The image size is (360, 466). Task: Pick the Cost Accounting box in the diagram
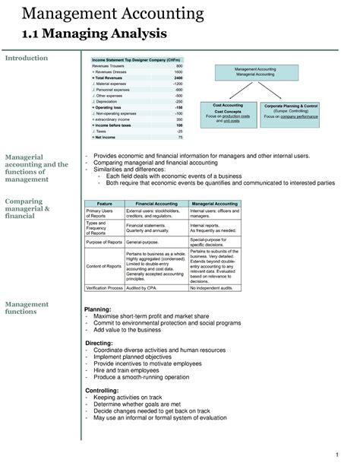228,114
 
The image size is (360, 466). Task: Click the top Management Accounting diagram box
255,72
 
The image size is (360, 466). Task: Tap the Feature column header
104,204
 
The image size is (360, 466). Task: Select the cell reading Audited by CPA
143,288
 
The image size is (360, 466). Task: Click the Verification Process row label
104,288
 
